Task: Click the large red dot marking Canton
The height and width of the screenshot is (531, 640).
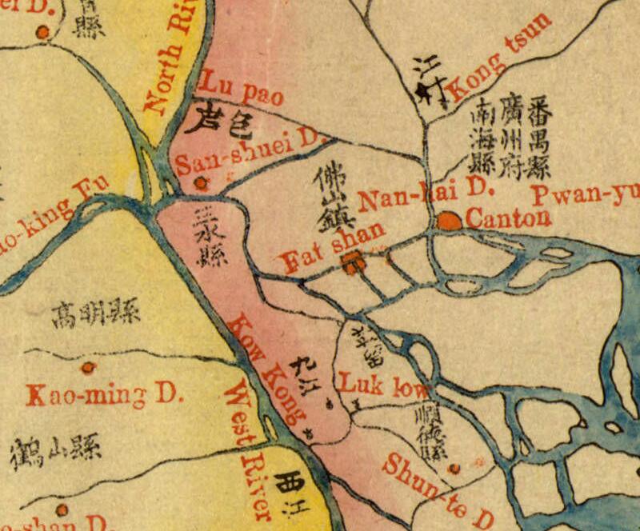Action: pos(450,221)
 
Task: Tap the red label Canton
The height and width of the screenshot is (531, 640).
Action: pos(508,218)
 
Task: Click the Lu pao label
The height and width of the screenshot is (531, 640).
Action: pos(240,88)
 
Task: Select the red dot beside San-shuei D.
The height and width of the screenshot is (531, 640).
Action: pos(201,183)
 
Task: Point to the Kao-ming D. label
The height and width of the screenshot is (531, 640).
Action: pos(105,395)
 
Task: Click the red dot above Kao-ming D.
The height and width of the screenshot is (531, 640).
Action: pos(88,368)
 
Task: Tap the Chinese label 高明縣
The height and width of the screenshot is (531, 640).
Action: pos(91,311)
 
